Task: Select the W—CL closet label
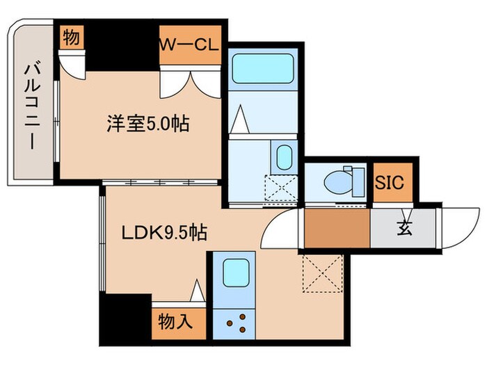coord(189,46)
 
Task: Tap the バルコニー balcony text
coord(31,104)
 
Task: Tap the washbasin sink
coord(284,158)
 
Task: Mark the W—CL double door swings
coord(189,83)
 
